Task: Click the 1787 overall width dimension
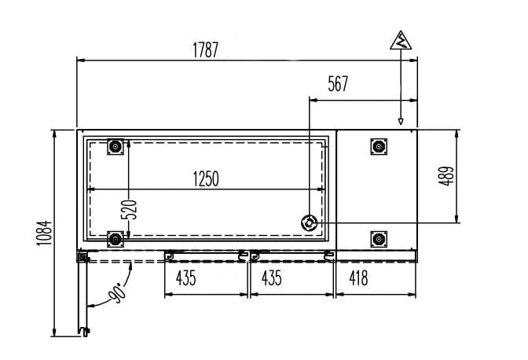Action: pyautogui.click(x=206, y=50)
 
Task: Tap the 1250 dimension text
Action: pyautogui.click(x=205, y=179)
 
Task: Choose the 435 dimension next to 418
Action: pyautogui.click(x=271, y=277)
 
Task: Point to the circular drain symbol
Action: pyautogui.click(x=310, y=223)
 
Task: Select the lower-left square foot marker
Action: pyautogui.click(x=115, y=238)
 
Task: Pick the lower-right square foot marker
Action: pyautogui.click(x=378, y=238)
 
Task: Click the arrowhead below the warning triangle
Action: pyautogui.click(x=401, y=121)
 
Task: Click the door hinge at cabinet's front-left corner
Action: pyautogui.click(x=82, y=256)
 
